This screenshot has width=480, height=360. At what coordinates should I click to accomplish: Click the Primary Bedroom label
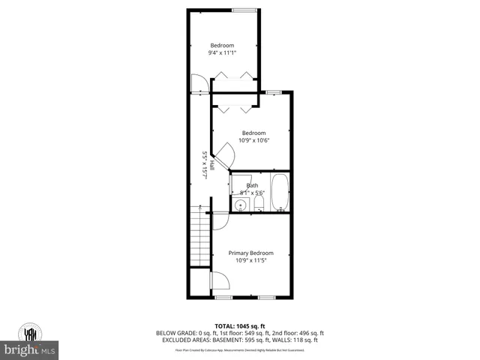coord(250,253)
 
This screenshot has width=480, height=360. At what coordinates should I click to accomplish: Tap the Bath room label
coord(253,185)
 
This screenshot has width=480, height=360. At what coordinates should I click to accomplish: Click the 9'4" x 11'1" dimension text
coord(222,52)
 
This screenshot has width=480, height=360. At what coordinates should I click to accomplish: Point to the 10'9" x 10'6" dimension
coord(253,140)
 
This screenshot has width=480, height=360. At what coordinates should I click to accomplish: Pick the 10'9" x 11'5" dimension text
coord(250,261)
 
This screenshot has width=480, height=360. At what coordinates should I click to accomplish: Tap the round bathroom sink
coord(241,205)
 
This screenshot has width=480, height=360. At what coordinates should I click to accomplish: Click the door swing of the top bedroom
coord(199,84)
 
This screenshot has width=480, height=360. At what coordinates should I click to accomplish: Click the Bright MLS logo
coord(30,349)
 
